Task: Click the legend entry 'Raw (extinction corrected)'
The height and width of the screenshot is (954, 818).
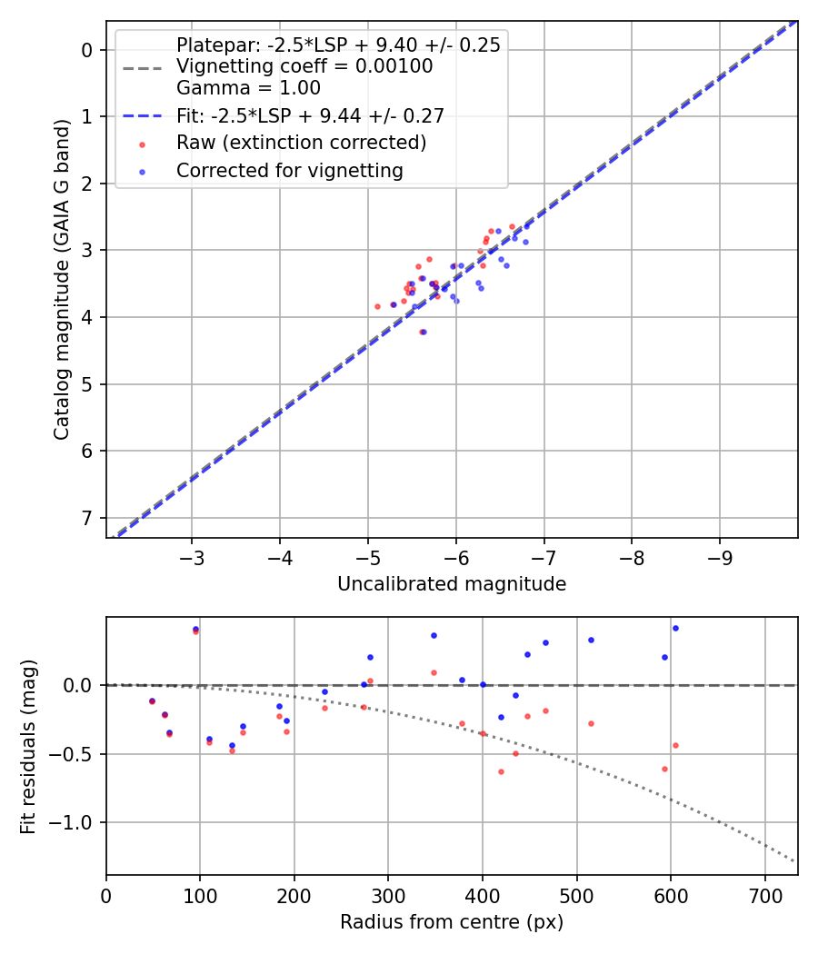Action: (x=301, y=143)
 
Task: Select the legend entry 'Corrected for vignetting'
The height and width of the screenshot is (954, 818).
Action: (x=289, y=170)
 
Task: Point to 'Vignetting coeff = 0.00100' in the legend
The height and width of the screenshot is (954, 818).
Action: (x=304, y=66)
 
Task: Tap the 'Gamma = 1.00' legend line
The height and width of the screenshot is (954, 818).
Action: (x=248, y=88)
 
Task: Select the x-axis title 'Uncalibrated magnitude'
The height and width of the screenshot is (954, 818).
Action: (x=452, y=584)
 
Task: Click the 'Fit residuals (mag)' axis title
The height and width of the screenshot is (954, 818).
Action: (x=29, y=745)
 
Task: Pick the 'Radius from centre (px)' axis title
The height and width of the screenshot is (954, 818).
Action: (x=452, y=922)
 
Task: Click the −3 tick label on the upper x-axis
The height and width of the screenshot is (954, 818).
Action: (x=191, y=555)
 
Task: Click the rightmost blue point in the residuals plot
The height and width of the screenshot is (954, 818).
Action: (x=675, y=628)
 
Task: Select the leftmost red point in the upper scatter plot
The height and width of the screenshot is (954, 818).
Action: (x=377, y=306)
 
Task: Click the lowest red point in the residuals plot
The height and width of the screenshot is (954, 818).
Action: (x=501, y=771)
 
